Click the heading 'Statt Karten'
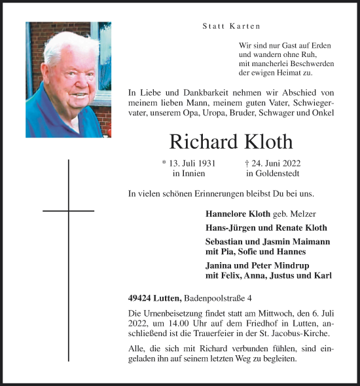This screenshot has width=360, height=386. (x=230, y=26)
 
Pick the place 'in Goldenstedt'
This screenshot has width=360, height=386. (x=273, y=174)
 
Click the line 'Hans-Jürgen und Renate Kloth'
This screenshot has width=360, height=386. (x=266, y=228)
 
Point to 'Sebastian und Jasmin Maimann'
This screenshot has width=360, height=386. (x=267, y=242)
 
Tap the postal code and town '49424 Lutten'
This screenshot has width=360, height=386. (x=155, y=299)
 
